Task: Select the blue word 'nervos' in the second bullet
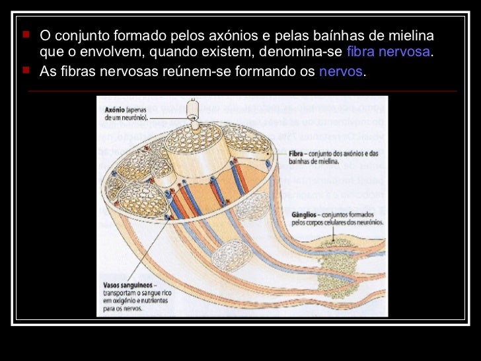click(x=341, y=71)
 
